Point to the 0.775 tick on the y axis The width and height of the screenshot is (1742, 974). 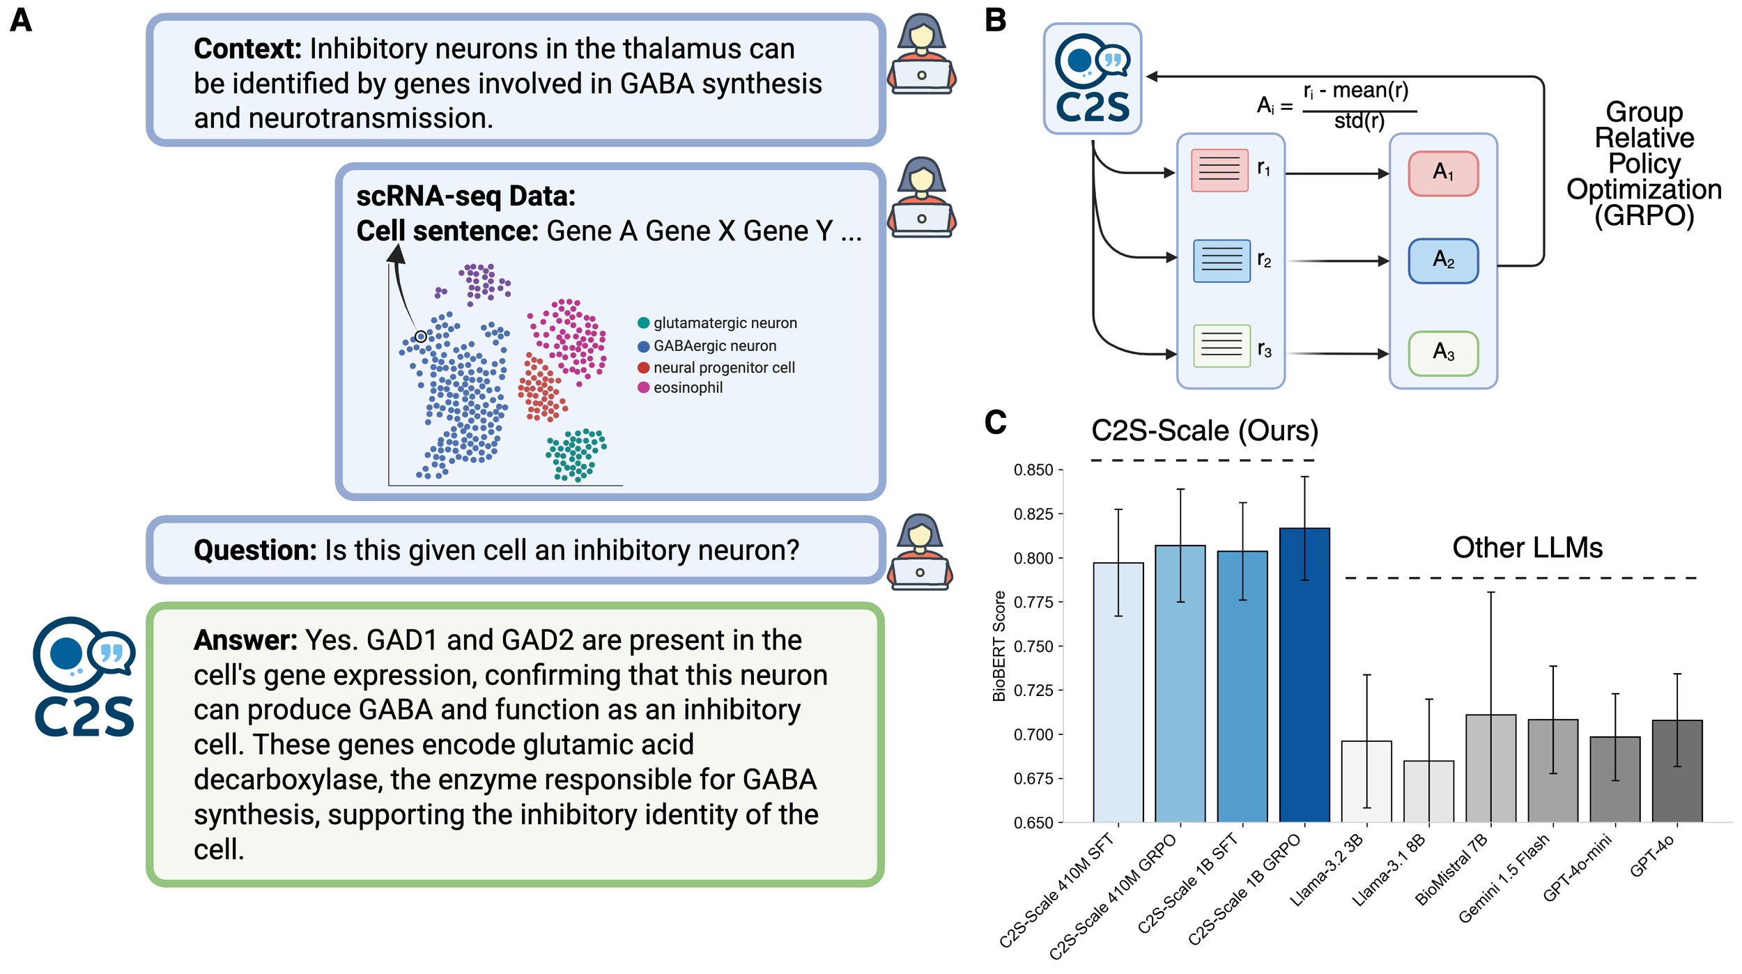click(1033, 602)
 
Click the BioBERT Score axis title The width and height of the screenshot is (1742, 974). click(999, 646)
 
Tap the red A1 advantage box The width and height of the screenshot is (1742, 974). click(1443, 173)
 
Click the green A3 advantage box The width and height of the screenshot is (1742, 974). click(1443, 353)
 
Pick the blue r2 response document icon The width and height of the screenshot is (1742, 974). click(1221, 261)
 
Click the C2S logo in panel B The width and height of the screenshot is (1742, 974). click(1092, 78)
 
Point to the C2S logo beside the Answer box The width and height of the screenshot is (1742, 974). click(84, 677)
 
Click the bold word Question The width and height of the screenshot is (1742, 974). click(255, 550)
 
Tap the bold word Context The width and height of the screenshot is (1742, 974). click(247, 49)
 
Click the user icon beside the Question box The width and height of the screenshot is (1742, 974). click(920, 552)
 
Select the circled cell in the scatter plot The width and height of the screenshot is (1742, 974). click(420, 337)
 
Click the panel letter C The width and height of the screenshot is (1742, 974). click(995, 422)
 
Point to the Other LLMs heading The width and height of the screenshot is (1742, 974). click(1527, 548)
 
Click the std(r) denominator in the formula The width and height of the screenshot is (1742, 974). click(1358, 121)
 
